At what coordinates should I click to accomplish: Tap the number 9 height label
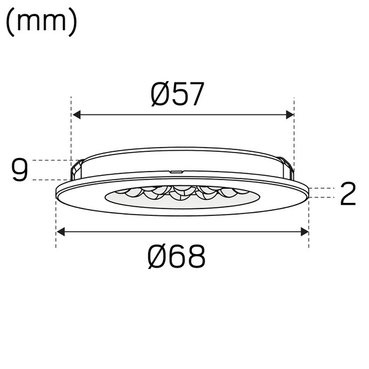click(20, 170)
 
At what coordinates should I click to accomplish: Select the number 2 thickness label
click(347, 194)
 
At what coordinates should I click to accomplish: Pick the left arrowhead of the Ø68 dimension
click(61, 232)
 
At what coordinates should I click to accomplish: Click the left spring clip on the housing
click(77, 167)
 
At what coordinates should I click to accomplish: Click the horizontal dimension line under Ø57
click(183, 114)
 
